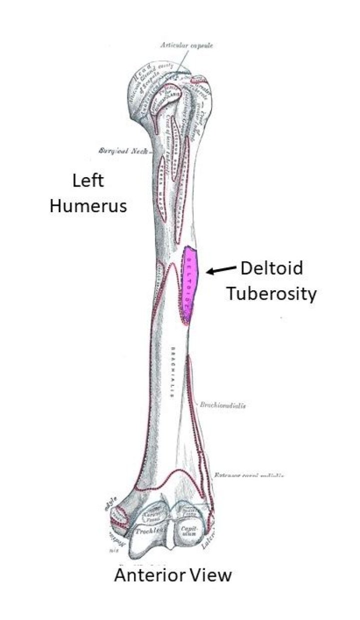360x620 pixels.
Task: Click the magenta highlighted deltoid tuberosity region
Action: [191, 283]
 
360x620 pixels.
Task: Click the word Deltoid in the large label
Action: [271, 268]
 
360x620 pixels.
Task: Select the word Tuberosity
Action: [270, 294]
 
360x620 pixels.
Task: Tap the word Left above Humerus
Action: [88, 180]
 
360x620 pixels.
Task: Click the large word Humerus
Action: [88, 206]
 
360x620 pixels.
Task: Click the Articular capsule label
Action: [186, 46]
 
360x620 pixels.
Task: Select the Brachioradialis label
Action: [222, 406]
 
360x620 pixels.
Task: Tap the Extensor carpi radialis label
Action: [249, 475]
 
